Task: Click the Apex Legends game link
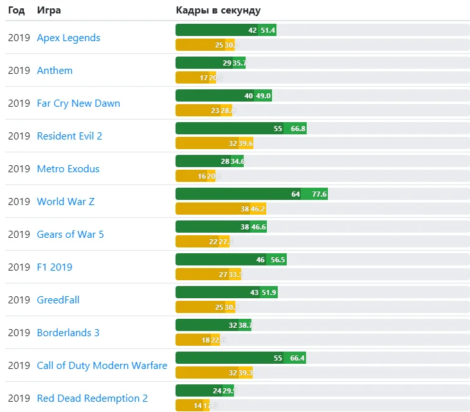click(68, 38)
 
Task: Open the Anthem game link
click(55, 71)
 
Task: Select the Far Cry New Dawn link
click(78, 103)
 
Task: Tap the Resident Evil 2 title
click(69, 136)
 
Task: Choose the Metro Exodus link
click(68, 169)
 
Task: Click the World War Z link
click(66, 202)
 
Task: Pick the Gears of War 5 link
click(70, 235)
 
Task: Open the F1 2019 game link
click(55, 267)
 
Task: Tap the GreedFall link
click(58, 300)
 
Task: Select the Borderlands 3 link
click(68, 333)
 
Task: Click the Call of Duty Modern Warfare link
click(102, 366)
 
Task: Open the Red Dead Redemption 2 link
click(92, 399)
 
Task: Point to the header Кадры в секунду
click(219, 11)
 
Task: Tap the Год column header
click(16, 11)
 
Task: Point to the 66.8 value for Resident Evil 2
click(298, 129)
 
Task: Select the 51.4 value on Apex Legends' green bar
click(267, 30)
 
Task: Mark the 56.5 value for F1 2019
click(278, 260)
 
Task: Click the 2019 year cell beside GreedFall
click(19, 300)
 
